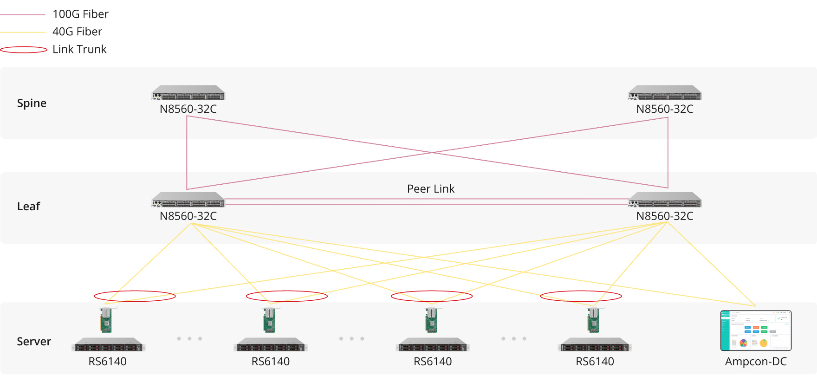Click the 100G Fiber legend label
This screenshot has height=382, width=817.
(x=80, y=14)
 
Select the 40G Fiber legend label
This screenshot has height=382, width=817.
(x=77, y=32)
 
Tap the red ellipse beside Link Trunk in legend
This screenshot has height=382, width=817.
(x=23, y=50)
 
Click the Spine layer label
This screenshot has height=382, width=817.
(x=32, y=103)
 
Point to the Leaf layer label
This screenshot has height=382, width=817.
(x=28, y=207)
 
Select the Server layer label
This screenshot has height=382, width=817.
(x=34, y=342)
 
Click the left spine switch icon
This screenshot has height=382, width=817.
(x=188, y=93)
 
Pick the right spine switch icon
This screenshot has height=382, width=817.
(x=665, y=93)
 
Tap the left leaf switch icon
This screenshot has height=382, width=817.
(x=188, y=200)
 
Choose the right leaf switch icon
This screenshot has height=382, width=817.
(x=665, y=200)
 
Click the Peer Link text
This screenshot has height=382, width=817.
(x=431, y=189)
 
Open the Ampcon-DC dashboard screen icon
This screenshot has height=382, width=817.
(x=756, y=330)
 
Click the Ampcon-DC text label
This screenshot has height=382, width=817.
(x=756, y=362)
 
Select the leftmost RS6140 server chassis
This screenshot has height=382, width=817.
(x=108, y=345)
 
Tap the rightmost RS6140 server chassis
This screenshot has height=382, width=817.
(x=595, y=345)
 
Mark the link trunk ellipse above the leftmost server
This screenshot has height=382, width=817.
(x=135, y=296)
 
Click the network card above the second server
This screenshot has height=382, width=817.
(x=269, y=320)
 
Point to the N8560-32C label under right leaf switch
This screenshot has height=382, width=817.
(x=665, y=216)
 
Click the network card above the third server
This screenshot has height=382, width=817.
(x=431, y=320)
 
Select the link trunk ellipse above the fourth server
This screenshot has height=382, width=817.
(x=581, y=296)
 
